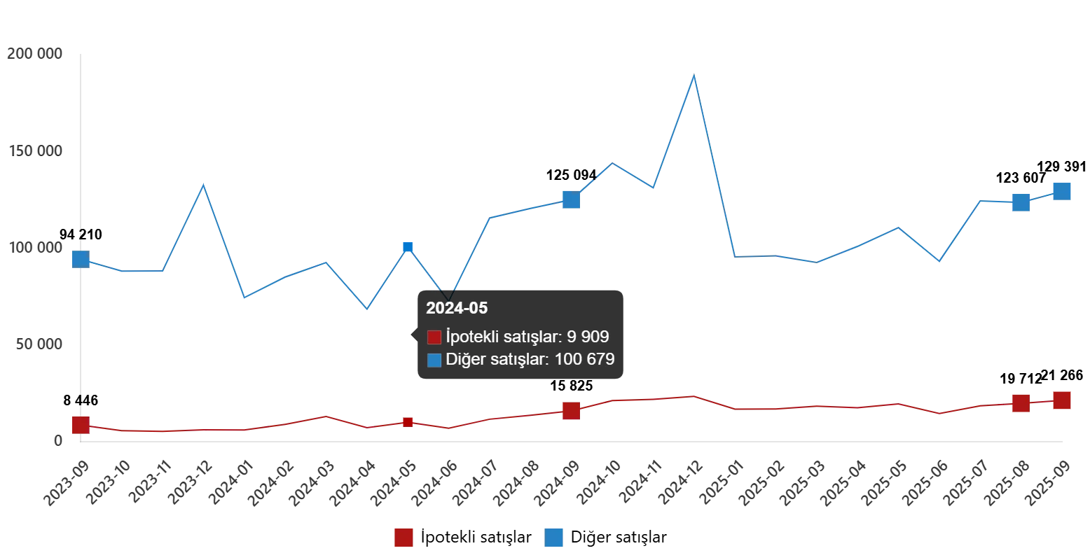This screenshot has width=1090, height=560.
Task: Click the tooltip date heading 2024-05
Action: pyautogui.click(x=457, y=308)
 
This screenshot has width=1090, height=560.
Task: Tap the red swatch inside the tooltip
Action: pyautogui.click(x=434, y=337)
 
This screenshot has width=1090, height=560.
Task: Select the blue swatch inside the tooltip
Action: pyautogui.click(x=434, y=360)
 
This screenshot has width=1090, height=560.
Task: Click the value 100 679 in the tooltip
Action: pyautogui.click(x=584, y=360)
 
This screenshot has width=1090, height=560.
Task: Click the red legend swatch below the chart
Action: pyautogui.click(x=403, y=538)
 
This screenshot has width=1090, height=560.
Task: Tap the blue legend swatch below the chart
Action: pyautogui.click(x=554, y=538)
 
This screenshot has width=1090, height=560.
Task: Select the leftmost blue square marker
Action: pyautogui.click(x=81, y=259)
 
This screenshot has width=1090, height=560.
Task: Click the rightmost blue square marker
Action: pyautogui.click(x=1063, y=190)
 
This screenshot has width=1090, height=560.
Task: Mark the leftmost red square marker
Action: pyautogui.click(x=81, y=425)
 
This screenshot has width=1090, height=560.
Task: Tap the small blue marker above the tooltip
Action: pyautogui.click(x=408, y=247)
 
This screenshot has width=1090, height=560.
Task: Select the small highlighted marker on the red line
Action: pyautogui.click(x=408, y=422)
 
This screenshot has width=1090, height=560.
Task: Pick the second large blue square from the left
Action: pyautogui.click(x=572, y=200)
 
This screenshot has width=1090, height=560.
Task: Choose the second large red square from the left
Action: pyautogui.click(x=572, y=411)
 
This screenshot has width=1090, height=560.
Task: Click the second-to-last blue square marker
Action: pyautogui.click(x=1021, y=202)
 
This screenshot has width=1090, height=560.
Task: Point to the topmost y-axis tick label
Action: pyautogui.click(x=36, y=53)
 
